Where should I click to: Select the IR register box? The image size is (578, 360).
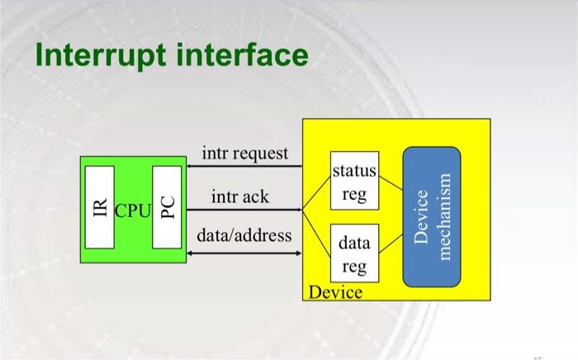point(101,206)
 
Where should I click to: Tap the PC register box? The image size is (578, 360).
point(167,206)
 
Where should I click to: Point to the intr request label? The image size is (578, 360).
point(245,153)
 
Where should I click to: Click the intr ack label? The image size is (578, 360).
point(239,197)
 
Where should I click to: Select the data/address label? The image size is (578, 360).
point(244,235)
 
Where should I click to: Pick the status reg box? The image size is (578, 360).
point(354,182)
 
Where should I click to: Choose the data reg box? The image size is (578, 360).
point(354,253)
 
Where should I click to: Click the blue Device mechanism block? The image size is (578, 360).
point(431,216)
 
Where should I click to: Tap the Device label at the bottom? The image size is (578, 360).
point(334,292)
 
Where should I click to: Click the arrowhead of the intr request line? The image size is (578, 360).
point(191,166)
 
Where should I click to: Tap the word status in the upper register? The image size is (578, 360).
point(354,172)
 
